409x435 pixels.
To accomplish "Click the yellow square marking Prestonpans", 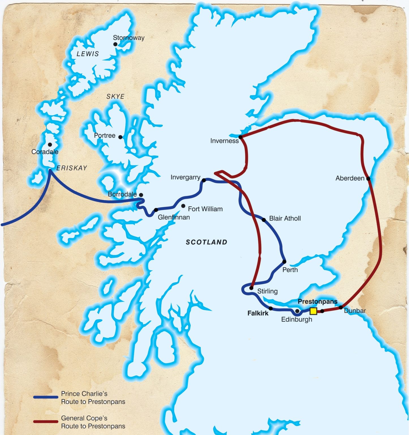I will [x=313, y=311].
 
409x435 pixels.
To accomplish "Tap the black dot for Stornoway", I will [x=115, y=44].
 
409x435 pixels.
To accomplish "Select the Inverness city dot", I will [x=240, y=137].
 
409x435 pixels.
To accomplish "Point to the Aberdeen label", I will [x=350, y=178].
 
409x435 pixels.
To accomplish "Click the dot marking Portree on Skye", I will [x=120, y=137].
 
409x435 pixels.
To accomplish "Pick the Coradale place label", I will [x=45, y=152].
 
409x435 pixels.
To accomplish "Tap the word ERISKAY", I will [x=72, y=168].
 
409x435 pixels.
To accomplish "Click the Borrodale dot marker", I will [x=141, y=195].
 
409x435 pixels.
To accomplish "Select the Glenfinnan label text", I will [x=174, y=217].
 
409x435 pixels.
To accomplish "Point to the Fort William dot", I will [x=183, y=206].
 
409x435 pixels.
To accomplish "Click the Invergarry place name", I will [x=185, y=177].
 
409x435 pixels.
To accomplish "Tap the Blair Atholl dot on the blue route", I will [x=264, y=220].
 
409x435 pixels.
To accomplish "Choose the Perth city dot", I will [x=284, y=262].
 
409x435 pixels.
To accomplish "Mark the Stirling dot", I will [x=251, y=288].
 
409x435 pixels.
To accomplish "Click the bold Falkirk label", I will [x=258, y=313].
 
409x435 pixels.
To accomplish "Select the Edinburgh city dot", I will [x=297, y=311].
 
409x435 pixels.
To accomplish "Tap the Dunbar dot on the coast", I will [x=341, y=307].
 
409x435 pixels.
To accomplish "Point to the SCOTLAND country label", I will [x=206, y=242].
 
